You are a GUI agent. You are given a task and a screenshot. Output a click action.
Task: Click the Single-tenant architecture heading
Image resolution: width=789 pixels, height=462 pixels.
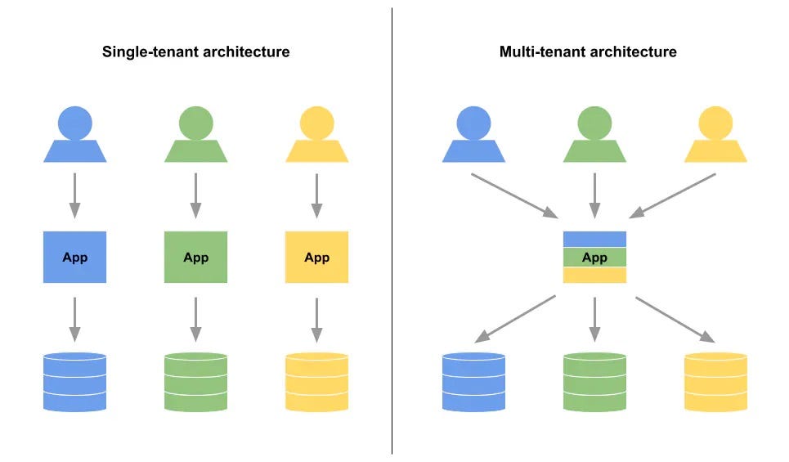tap(195, 52)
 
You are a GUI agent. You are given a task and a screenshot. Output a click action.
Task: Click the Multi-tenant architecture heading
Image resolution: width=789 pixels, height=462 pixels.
tap(588, 52)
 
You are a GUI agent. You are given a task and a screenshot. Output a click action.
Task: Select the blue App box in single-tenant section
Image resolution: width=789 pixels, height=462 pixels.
tap(74, 258)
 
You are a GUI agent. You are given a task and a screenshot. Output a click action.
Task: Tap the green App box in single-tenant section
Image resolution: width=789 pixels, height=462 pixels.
tap(195, 258)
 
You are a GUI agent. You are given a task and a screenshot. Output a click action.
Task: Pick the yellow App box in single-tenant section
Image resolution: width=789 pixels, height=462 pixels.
tap(316, 258)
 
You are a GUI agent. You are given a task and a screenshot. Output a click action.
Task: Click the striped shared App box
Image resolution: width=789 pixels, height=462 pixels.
tap(594, 258)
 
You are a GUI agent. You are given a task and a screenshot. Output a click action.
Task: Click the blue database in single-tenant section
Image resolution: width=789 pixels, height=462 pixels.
tap(74, 381)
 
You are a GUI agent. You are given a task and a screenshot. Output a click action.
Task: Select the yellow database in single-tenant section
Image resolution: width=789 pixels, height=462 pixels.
tap(316, 381)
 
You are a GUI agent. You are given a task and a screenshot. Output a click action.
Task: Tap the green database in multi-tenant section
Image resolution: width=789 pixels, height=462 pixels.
tap(594, 381)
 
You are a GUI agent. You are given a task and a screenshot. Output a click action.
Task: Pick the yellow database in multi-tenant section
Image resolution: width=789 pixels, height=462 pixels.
tap(715, 381)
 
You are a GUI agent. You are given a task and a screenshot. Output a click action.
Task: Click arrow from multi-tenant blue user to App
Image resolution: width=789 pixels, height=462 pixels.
tap(514, 195)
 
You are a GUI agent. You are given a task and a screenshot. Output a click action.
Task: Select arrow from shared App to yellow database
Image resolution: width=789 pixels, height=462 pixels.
tap(675, 319)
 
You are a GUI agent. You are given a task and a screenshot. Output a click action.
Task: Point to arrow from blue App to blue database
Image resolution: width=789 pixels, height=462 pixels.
tap(74, 318)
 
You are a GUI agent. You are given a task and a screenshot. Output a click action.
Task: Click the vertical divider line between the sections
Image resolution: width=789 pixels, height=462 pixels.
tap(392, 245)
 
